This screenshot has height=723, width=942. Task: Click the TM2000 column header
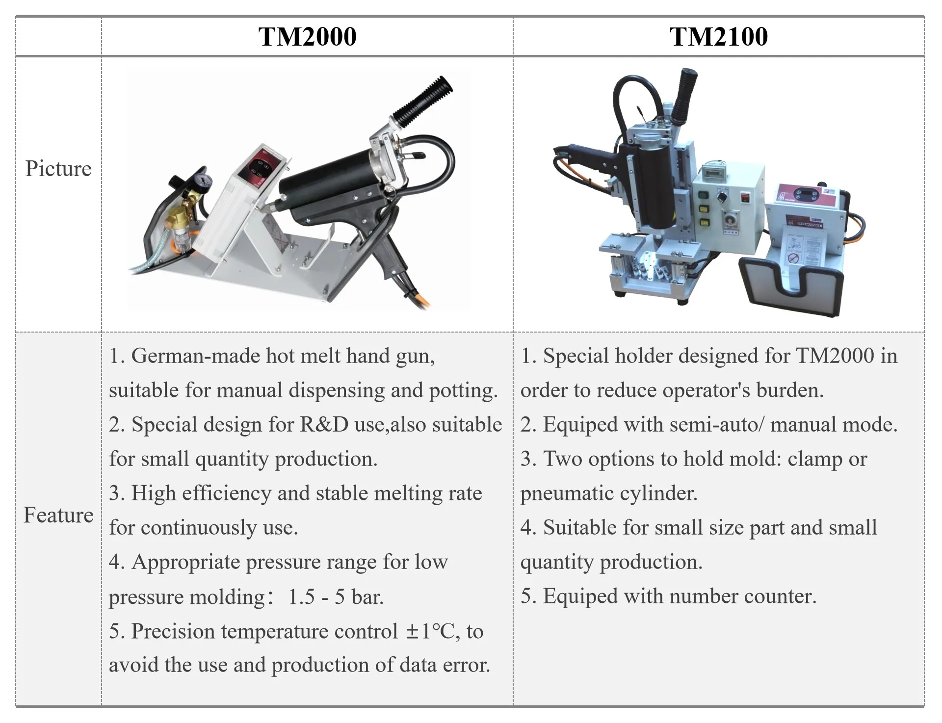click(x=307, y=37)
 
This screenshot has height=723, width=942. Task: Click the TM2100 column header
click(x=718, y=37)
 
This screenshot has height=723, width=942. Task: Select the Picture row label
click(x=58, y=169)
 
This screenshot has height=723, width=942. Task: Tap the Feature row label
click(x=58, y=515)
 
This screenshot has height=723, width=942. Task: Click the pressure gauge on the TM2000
click(x=205, y=180)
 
